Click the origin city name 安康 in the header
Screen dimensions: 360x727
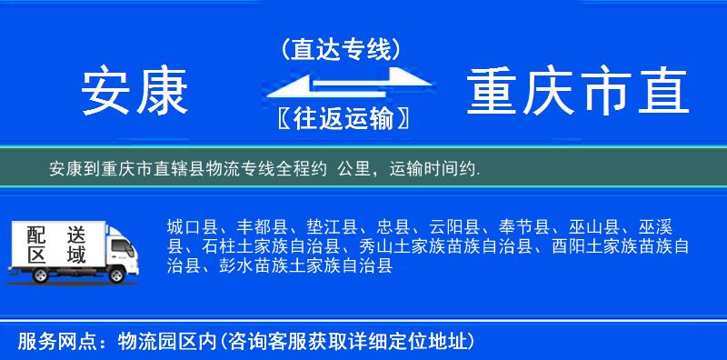[x=135, y=92]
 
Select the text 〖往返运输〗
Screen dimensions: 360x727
[x=340, y=118]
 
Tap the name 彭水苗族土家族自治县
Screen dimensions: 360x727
[x=301, y=266]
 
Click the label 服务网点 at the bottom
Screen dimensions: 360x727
[x=47, y=341]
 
